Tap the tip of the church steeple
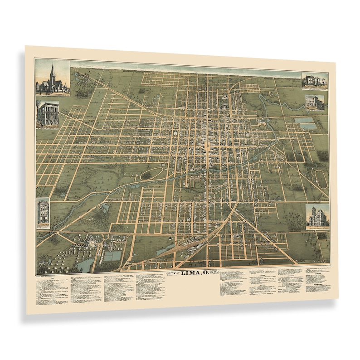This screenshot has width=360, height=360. tap(53, 64)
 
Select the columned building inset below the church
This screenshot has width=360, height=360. tap(48, 113)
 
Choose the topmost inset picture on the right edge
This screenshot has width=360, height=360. tap(314, 80)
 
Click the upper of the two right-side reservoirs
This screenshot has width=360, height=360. tap(304, 120)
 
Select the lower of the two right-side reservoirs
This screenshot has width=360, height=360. tap(308, 126)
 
